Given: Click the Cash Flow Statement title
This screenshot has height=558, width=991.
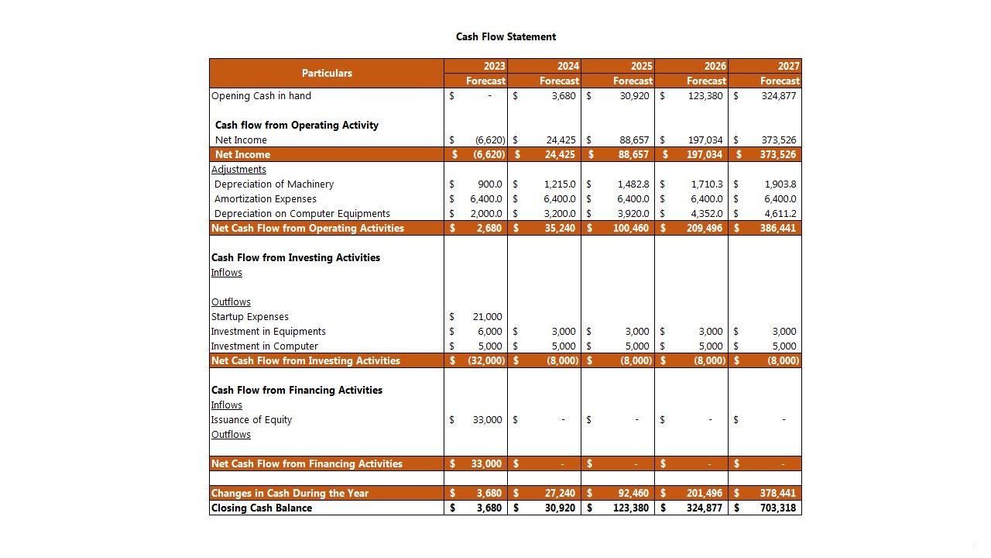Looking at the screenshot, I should click(x=506, y=36).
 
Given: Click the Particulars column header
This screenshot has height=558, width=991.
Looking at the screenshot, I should click(x=327, y=73).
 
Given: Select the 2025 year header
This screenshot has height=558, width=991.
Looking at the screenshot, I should click(x=641, y=66).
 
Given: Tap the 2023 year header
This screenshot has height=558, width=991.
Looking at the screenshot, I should click(x=494, y=66).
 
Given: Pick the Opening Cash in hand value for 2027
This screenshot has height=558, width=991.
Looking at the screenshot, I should click(x=778, y=96).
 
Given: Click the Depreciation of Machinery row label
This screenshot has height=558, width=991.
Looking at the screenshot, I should click(x=274, y=184).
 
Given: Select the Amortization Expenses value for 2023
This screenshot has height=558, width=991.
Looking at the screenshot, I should click(x=485, y=199).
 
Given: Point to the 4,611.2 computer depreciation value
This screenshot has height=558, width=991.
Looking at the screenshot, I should click(x=780, y=214).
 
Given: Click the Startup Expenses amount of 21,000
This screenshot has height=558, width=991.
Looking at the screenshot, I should click(x=487, y=317).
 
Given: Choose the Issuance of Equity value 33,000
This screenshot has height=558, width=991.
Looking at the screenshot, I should click(x=487, y=420).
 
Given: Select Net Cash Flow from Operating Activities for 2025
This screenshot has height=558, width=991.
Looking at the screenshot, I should click(x=631, y=229).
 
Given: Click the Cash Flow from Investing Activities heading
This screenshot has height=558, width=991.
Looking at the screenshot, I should click(x=296, y=258).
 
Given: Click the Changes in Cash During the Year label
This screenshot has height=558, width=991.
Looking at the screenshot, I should click(x=290, y=494).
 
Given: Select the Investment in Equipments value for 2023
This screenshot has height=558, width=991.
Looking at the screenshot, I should click(x=489, y=332).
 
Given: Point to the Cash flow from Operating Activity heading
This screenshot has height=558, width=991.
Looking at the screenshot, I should click(x=297, y=126).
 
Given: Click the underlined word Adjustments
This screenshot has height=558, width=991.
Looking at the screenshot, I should click(x=238, y=170).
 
